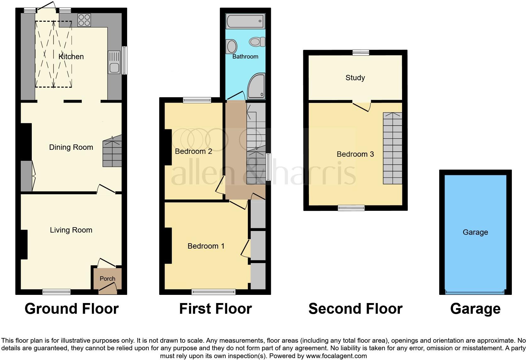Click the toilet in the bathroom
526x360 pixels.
[x=257, y=42]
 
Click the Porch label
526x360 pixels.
[x=108, y=278]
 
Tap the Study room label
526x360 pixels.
[x=355, y=78]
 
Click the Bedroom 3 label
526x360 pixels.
[x=355, y=154]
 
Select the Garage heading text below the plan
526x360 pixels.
[x=475, y=309]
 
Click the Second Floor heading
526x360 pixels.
[x=355, y=309]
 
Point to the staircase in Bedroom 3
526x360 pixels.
[x=392, y=148]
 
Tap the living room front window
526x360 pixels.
[x=57, y=292]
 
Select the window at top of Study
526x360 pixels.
[x=361, y=53]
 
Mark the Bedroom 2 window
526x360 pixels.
[x=197, y=100]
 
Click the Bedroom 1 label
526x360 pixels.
[x=206, y=246]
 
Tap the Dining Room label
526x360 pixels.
[x=71, y=147]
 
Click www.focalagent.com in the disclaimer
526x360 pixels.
[x=336, y=356]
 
